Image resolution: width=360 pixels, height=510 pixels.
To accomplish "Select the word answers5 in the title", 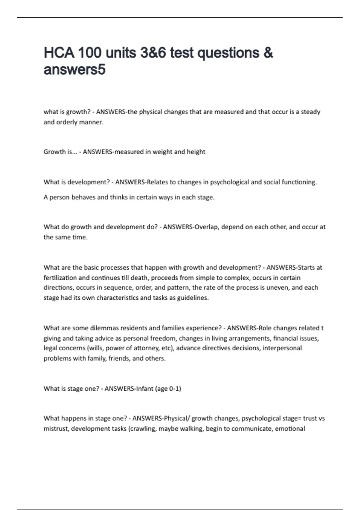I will pos(75,70).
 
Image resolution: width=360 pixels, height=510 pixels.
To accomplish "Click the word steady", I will pos(310,112).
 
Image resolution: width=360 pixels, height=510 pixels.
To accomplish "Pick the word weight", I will pos(163,152).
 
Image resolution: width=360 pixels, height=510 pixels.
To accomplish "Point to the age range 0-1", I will pos(175,389).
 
